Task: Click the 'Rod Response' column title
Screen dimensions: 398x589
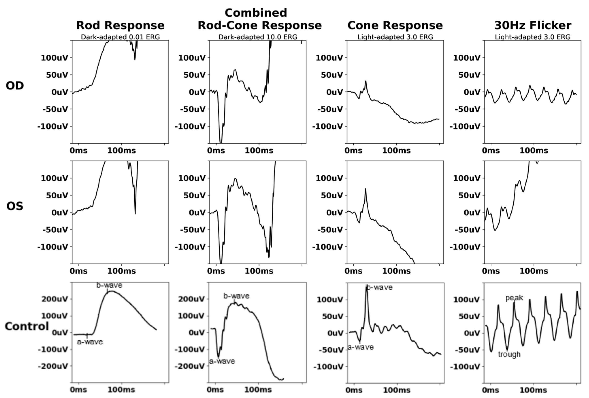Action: point(120,25)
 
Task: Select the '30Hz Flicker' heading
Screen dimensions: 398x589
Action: point(533,25)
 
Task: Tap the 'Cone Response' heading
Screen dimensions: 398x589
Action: point(395,25)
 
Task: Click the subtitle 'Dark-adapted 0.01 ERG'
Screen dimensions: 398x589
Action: point(120,37)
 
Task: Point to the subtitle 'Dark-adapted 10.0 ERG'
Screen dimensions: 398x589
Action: point(258,37)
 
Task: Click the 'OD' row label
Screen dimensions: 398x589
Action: point(15,86)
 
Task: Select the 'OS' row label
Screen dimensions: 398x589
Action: point(15,206)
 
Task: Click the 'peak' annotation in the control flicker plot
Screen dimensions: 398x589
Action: point(514,298)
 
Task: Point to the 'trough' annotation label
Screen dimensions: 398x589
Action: point(509,354)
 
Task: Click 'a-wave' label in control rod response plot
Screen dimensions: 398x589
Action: point(90,342)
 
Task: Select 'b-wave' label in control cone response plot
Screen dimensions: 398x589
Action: point(380,287)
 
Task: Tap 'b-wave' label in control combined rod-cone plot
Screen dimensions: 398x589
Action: point(236,296)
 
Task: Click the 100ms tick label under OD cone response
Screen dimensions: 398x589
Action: point(396,151)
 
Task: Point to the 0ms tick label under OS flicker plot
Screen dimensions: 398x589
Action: point(491,271)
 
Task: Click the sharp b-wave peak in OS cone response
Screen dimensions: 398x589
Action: point(366,189)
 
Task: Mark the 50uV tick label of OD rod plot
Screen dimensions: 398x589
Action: point(57,75)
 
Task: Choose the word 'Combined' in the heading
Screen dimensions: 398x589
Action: point(256,13)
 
